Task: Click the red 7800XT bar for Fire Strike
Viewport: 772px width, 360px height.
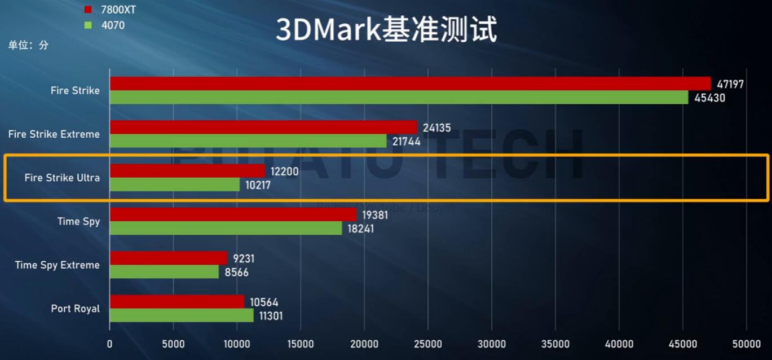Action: coord(410,84)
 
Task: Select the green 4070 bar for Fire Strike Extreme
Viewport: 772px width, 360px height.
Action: coord(248,141)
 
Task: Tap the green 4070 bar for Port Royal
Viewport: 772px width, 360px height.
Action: coord(182,315)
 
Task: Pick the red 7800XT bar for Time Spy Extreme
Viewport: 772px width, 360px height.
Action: coord(168,258)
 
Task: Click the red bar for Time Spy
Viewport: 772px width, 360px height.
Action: coord(233,214)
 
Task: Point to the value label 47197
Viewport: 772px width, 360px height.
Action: coord(730,84)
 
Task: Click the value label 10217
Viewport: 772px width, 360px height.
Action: coord(258,185)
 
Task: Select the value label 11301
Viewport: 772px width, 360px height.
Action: coord(270,316)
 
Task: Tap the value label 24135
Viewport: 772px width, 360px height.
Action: coord(436,128)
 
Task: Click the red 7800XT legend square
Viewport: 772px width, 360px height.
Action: coord(87,10)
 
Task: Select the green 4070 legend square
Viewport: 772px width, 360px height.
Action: coord(87,25)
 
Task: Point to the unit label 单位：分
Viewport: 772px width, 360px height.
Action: coord(28,45)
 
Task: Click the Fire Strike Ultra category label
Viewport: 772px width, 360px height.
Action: coord(62,178)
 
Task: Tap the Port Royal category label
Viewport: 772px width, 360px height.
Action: coord(75,309)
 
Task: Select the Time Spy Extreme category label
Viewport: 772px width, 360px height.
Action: coord(57,265)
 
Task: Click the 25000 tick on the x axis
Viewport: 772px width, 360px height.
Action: coord(428,344)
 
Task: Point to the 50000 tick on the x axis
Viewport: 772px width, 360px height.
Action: coord(746,344)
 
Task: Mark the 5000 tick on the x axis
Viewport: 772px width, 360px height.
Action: coord(173,344)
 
